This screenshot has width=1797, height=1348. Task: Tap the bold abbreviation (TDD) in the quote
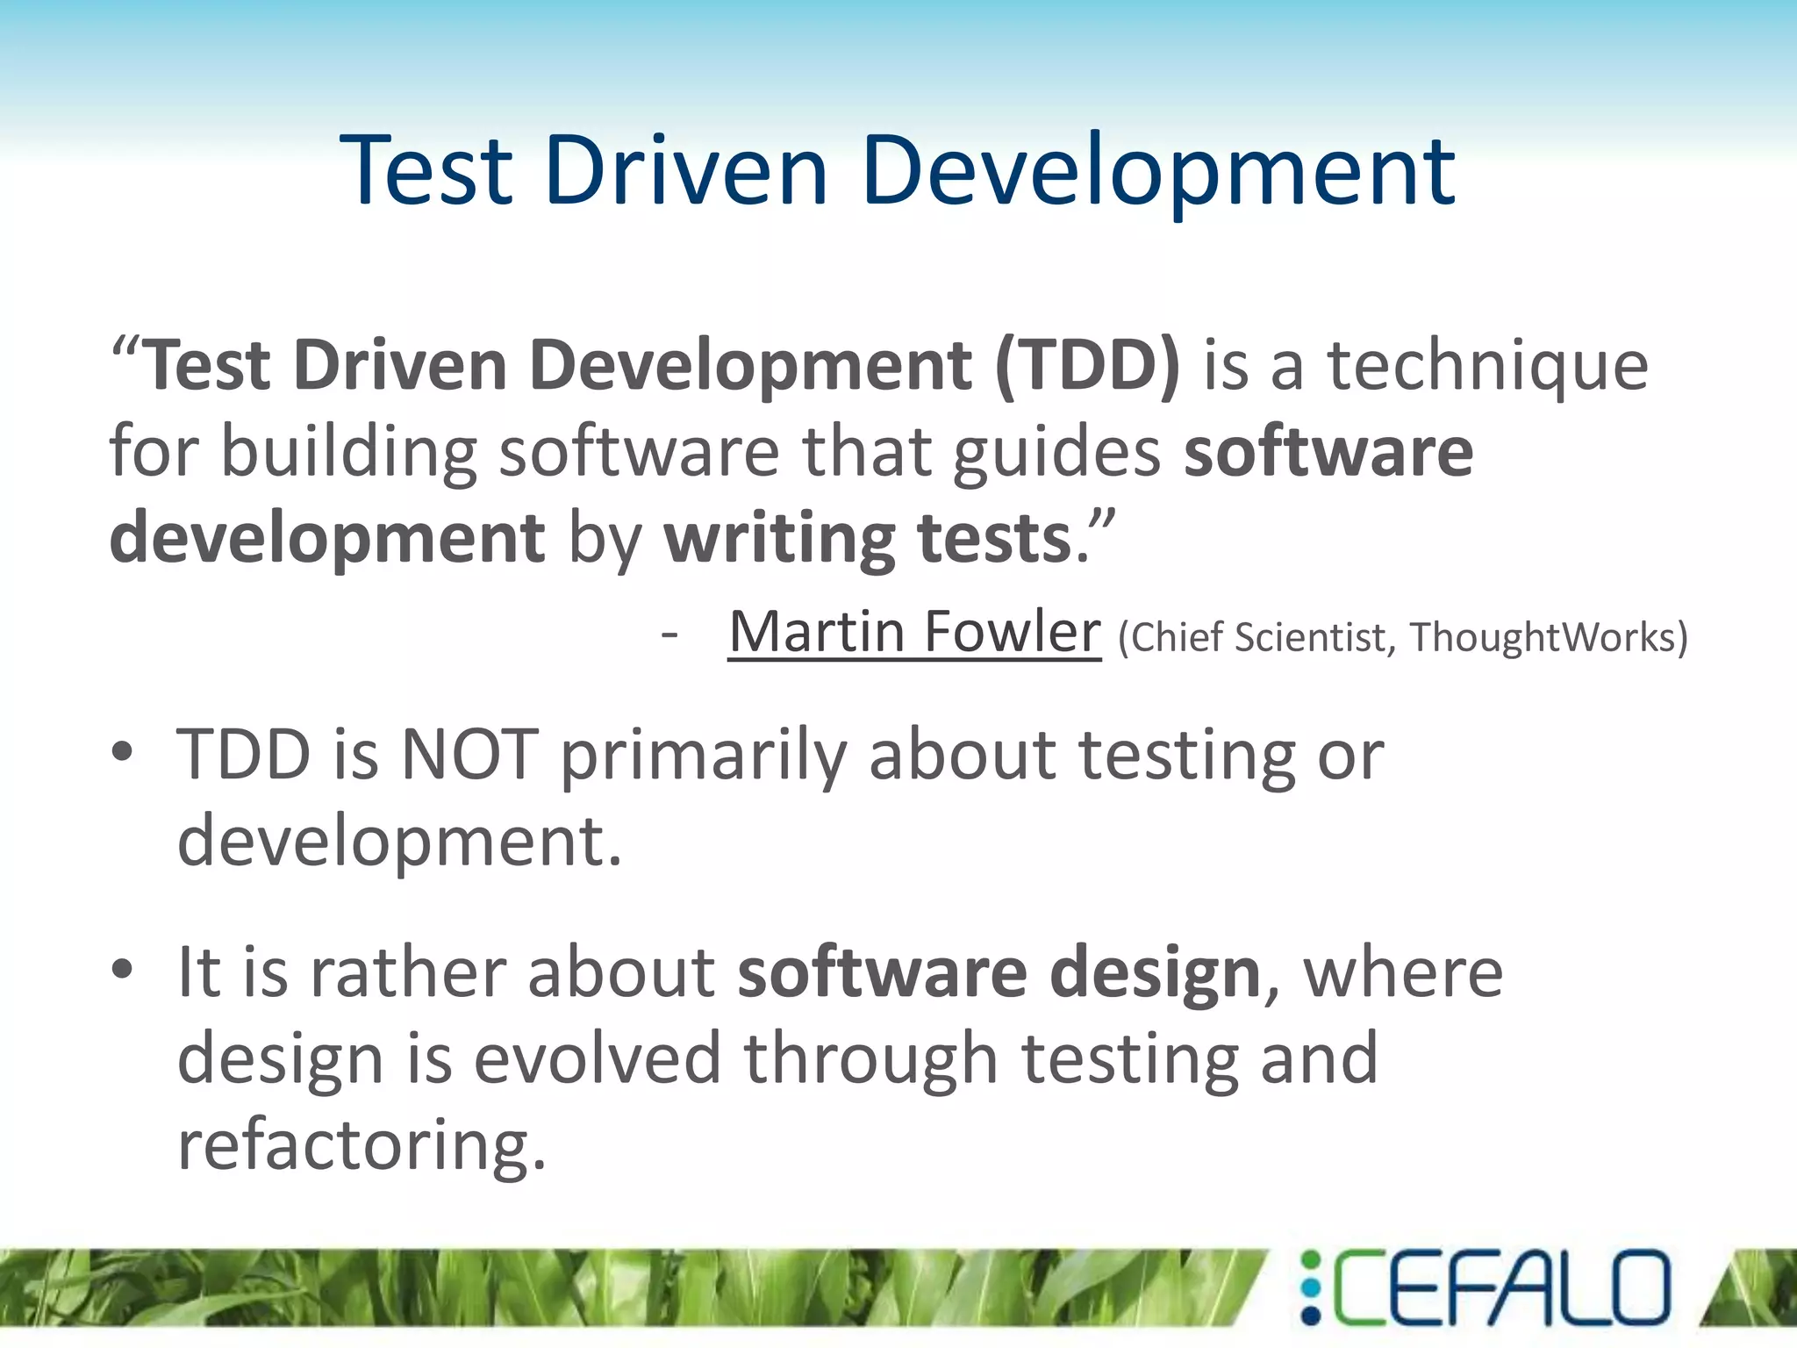click(x=1087, y=366)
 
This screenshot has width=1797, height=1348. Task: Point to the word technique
click(x=1487, y=366)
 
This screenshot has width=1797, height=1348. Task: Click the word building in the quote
click(x=348, y=454)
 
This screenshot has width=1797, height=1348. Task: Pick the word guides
click(x=1056, y=454)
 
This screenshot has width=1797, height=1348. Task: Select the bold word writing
click(x=777, y=539)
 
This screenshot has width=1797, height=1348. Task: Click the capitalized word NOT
click(x=469, y=755)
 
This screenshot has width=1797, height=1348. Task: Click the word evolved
click(x=597, y=1058)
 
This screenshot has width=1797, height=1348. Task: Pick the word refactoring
click(x=362, y=1144)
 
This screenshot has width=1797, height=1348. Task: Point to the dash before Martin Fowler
click(x=670, y=634)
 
